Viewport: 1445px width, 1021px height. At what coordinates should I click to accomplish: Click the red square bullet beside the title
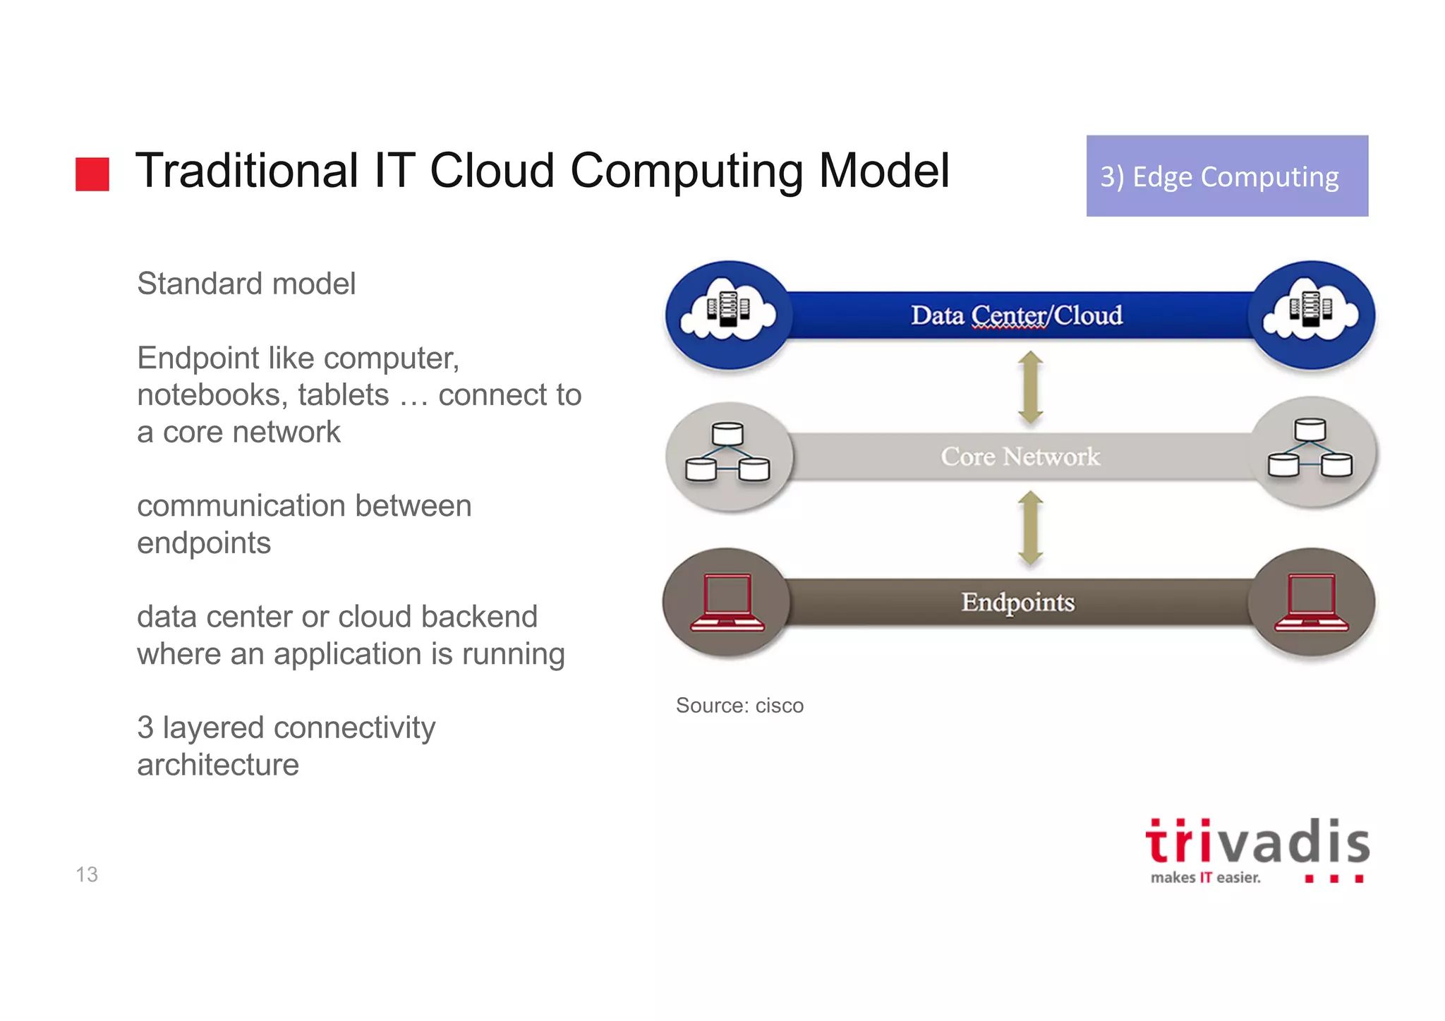pyautogui.click(x=92, y=174)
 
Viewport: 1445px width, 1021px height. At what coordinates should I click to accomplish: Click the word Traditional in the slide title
pyautogui.click(x=247, y=171)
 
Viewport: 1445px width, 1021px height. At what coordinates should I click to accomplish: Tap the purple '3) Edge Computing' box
pyautogui.click(x=1226, y=176)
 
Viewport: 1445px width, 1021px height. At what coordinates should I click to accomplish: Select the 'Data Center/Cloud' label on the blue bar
pyautogui.click(x=1016, y=315)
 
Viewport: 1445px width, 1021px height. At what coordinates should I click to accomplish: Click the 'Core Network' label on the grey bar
pyautogui.click(x=1020, y=457)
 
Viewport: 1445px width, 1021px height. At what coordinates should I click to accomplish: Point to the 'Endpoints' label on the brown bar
pyautogui.click(x=1017, y=602)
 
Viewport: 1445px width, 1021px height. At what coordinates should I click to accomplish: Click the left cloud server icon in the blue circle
pyautogui.click(x=728, y=312)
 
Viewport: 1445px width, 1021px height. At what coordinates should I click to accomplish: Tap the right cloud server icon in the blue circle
pyautogui.click(x=1311, y=312)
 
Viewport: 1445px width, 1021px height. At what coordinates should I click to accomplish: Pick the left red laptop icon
pyautogui.click(x=727, y=602)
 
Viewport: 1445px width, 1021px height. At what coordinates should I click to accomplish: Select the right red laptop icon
pyautogui.click(x=1311, y=602)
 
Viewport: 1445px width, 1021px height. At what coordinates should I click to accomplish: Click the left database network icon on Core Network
pyautogui.click(x=727, y=453)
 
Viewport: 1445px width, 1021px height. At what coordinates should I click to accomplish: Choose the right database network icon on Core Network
pyautogui.click(x=1310, y=449)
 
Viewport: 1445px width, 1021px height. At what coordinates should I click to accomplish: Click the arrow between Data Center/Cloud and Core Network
pyautogui.click(x=1030, y=387)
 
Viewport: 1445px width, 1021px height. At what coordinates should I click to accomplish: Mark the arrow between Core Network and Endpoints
pyautogui.click(x=1030, y=528)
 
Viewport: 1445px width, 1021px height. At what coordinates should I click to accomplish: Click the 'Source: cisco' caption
pyautogui.click(x=739, y=705)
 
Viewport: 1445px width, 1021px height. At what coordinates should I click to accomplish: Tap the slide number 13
pyautogui.click(x=87, y=874)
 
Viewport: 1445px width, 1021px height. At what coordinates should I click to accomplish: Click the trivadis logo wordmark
pyautogui.click(x=1257, y=842)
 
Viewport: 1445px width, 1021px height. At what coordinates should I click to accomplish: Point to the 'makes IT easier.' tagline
pyautogui.click(x=1204, y=878)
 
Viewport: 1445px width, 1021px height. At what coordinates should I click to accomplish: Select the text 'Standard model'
pyautogui.click(x=246, y=284)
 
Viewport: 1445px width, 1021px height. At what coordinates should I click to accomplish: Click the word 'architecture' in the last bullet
pyautogui.click(x=218, y=765)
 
